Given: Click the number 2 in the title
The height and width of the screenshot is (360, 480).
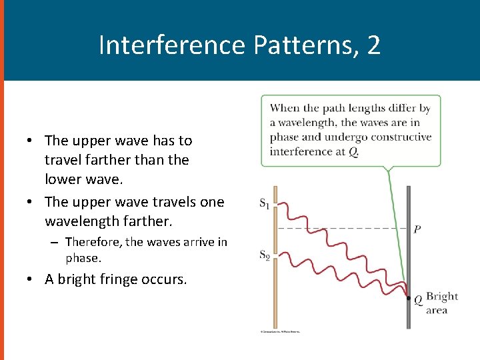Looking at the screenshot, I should (x=373, y=45).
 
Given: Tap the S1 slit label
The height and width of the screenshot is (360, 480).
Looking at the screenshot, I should (x=264, y=203).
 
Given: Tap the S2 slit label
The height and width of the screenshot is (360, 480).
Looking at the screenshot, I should (x=264, y=255).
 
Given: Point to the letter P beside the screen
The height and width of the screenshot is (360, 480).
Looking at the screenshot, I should (x=417, y=229).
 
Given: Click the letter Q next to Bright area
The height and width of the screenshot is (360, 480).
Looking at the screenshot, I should (x=418, y=300).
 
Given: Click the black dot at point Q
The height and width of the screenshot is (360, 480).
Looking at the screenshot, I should (x=409, y=298).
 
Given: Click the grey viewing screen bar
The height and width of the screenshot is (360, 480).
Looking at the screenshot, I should (x=409, y=253).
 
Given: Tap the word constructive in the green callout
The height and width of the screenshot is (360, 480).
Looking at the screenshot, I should (x=403, y=137).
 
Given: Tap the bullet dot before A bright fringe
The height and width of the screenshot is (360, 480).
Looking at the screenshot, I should (x=31, y=279).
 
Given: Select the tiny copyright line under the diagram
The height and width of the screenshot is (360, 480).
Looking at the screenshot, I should (x=280, y=331).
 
